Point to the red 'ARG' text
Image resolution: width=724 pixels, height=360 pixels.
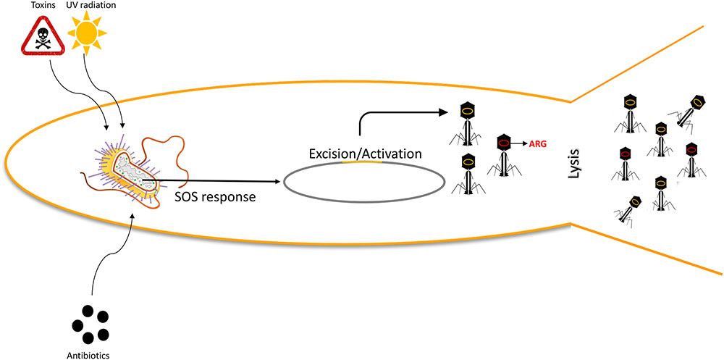tap(537, 144)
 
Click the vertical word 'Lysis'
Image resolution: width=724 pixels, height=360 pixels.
tap(571, 172)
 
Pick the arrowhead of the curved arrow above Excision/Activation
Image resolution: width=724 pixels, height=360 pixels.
tap(444, 112)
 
